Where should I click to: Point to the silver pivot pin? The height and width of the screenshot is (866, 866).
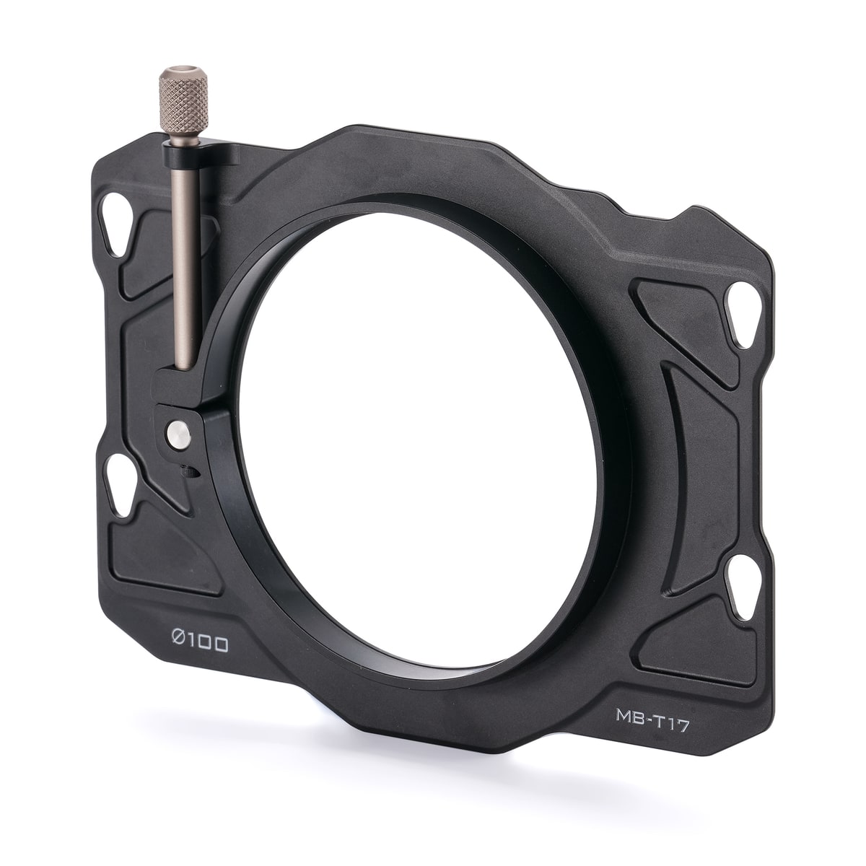click(178, 434)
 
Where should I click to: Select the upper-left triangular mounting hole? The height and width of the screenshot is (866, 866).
click(116, 225)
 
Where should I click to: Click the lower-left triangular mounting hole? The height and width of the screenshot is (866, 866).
click(118, 486)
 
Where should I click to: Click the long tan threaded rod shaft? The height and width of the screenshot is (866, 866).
click(185, 256)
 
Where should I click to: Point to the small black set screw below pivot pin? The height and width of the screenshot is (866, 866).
click(190, 472)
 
